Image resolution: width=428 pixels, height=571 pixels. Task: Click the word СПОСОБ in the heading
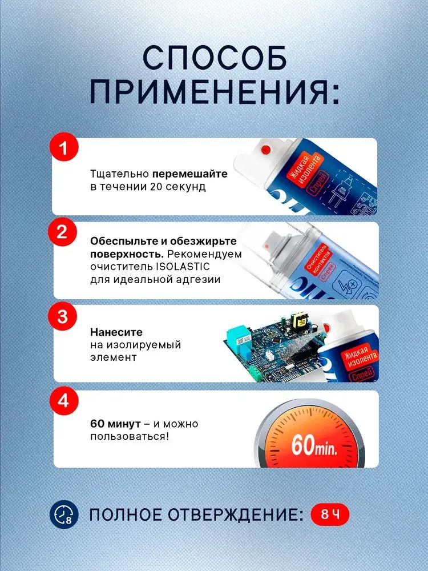coord(215,58)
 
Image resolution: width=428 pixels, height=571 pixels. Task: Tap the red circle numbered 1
coord(64,147)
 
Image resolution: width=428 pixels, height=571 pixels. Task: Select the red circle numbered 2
coord(62,232)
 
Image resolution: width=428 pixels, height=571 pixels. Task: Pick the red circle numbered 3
coord(63,316)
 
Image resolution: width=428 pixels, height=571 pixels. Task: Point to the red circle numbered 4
coord(64,401)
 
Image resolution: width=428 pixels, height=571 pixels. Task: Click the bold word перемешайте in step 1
coord(189,174)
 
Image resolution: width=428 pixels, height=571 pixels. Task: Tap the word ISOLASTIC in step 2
coord(183,267)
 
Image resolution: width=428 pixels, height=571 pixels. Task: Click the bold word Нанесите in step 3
coord(116,332)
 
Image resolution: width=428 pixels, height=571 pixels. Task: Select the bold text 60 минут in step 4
coord(115,424)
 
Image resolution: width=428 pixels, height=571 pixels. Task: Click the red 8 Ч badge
coord(330,514)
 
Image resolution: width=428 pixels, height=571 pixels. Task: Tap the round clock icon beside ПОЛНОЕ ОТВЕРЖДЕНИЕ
coord(64,514)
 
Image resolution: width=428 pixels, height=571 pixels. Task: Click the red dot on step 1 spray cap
coord(266,149)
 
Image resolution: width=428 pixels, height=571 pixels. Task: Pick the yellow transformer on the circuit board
coord(299,319)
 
